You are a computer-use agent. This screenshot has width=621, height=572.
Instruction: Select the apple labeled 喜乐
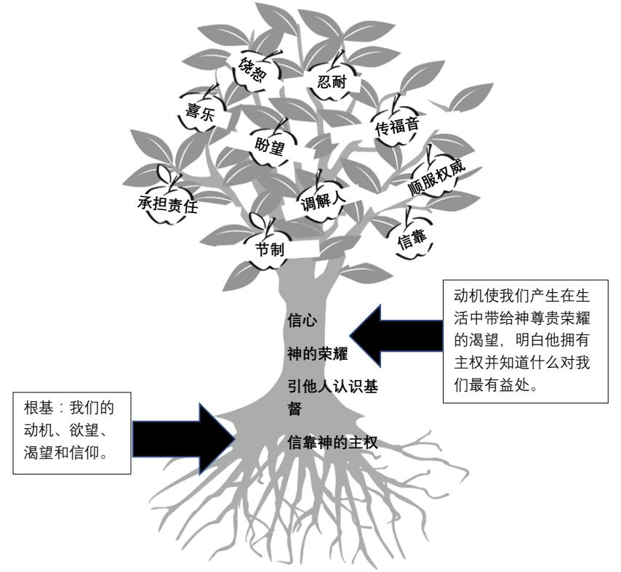[x=199, y=116]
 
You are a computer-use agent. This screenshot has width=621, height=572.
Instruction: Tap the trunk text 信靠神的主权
[x=333, y=440]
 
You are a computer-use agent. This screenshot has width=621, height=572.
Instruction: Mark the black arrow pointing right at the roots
[x=182, y=436]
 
